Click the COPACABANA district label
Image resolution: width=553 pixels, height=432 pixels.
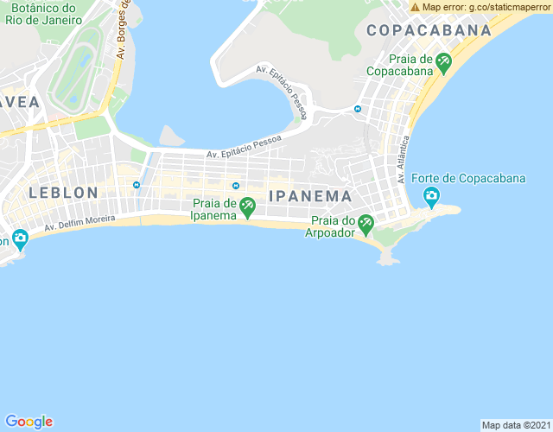429,30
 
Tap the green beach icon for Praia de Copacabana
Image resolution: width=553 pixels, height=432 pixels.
444,61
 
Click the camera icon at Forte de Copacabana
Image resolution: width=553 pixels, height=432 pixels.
431,198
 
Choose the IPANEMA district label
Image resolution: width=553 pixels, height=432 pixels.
310,196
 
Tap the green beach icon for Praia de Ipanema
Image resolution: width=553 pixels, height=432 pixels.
248,206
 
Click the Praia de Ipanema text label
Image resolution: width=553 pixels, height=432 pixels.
213,209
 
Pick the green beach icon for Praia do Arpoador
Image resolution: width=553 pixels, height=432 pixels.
365,224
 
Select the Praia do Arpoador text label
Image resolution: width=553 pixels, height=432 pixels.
334,227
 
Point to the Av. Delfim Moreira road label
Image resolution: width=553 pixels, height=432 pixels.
79,226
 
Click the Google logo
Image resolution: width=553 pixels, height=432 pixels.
29,422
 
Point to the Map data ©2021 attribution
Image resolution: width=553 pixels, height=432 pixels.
515,425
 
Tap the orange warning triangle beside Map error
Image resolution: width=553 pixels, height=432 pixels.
416,7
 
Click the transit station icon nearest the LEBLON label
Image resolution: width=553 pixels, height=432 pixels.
136,185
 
